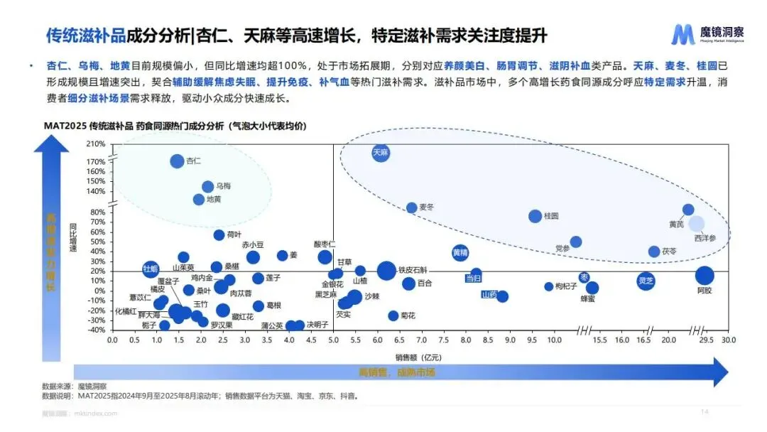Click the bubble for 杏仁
[178, 161]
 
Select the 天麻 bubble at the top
[381, 152]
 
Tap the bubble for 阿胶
[704, 276]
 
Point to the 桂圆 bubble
[535, 216]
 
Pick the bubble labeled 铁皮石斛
[386, 270]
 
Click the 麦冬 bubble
[411, 207]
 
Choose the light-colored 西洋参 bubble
[697, 224]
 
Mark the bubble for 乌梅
[208, 186]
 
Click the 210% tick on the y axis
[96, 144]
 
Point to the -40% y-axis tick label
[96, 330]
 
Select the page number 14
[705, 413]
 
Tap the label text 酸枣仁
[325, 244]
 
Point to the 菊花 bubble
[393, 315]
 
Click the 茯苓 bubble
[654, 252]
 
